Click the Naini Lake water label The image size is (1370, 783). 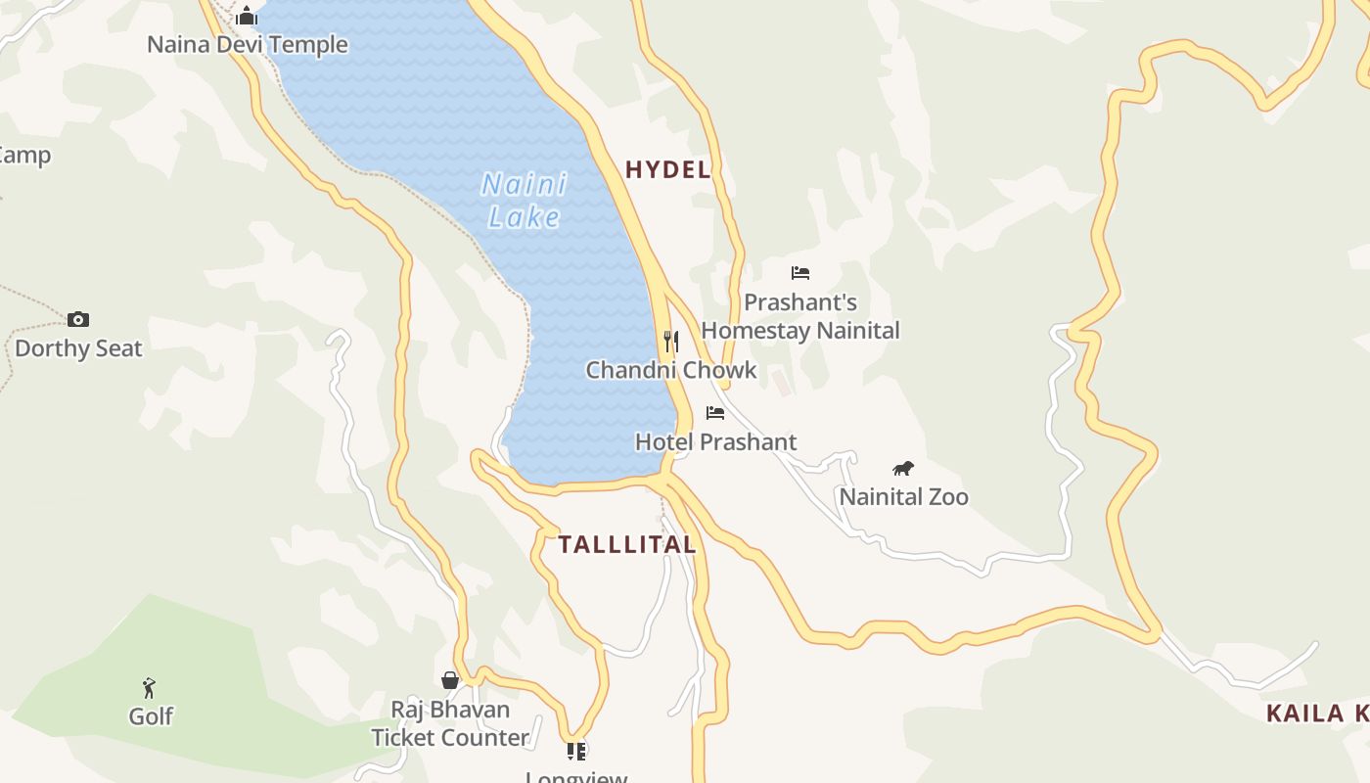pyautogui.click(x=525, y=200)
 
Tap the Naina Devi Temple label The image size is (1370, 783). pyautogui.click(x=247, y=45)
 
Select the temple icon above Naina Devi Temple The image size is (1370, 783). pyautogui.click(x=247, y=16)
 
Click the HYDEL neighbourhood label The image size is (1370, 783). pyautogui.click(x=668, y=169)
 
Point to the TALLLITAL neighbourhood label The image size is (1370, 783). pyautogui.click(x=627, y=545)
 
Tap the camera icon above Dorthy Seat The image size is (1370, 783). pyautogui.click(x=78, y=319)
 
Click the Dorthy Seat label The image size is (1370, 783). pyautogui.click(x=78, y=348)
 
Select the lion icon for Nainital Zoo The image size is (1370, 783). pyautogui.click(x=903, y=469)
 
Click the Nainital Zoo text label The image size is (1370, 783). pyautogui.click(x=903, y=497)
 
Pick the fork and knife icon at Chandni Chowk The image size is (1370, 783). pyautogui.click(x=671, y=341)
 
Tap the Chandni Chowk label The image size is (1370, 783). pyautogui.click(x=671, y=370)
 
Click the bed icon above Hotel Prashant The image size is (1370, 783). pyautogui.click(x=715, y=413)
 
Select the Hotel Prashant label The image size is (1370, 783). pyautogui.click(x=715, y=442)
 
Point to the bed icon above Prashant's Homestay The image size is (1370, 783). pyautogui.click(x=800, y=273)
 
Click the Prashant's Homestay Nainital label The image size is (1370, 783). pyautogui.click(x=800, y=316)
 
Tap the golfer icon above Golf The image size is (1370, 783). pyautogui.click(x=150, y=688)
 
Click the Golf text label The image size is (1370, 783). pyautogui.click(x=151, y=716)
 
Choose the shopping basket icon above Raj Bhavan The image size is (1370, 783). pyautogui.click(x=450, y=680)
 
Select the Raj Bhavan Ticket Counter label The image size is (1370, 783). pyautogui.click(x=450, y=723)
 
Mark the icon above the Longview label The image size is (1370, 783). pyautogui.click(x=576, y=752)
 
